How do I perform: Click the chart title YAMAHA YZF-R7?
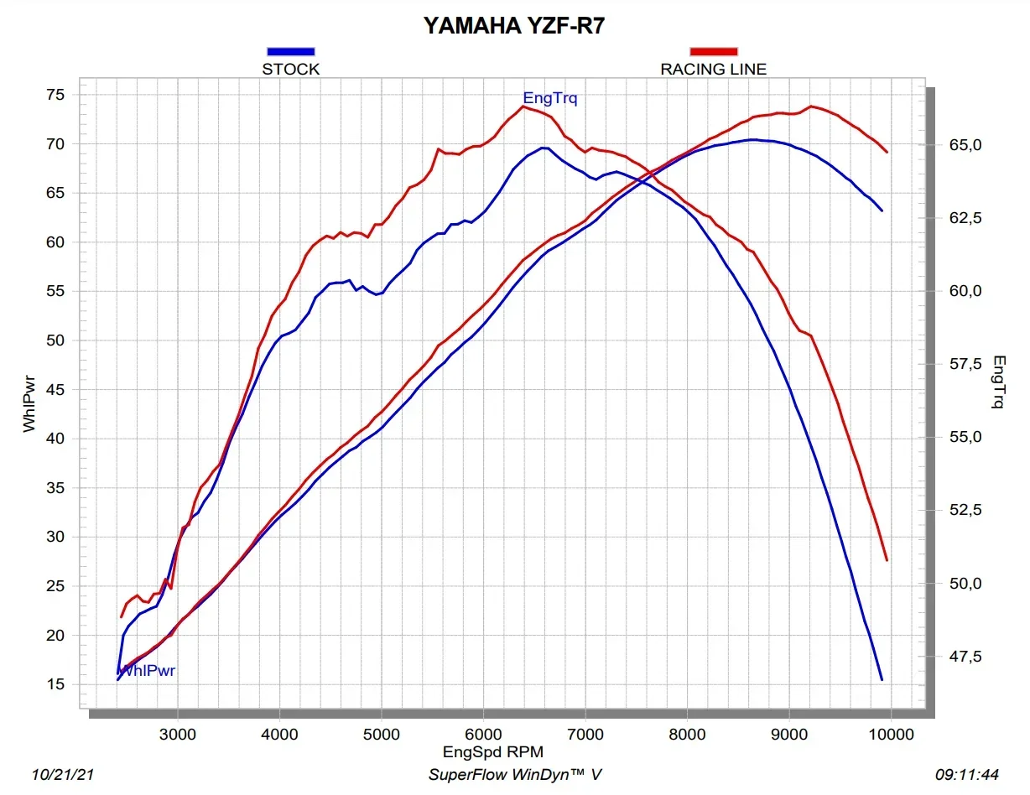tap(513, 25)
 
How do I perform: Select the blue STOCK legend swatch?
tap(290, 52)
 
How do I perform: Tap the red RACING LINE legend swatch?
tap(713, 52)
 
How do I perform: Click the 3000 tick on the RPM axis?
tap(178, 735)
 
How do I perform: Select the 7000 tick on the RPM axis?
tap(585, 735)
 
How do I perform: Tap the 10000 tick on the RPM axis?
tap(891, 735)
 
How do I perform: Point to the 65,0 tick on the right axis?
tap(965, 146)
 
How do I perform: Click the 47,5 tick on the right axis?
tap(965, 657)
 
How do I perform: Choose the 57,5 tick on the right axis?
tap(965, 365)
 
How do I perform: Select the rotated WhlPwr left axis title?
tap(29, 403)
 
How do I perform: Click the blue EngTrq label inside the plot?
tap(549, 99)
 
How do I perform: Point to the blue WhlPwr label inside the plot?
tap(148, 671)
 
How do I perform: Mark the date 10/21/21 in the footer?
tap(62, 775)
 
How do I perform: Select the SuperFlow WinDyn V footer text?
tap(515, 775)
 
